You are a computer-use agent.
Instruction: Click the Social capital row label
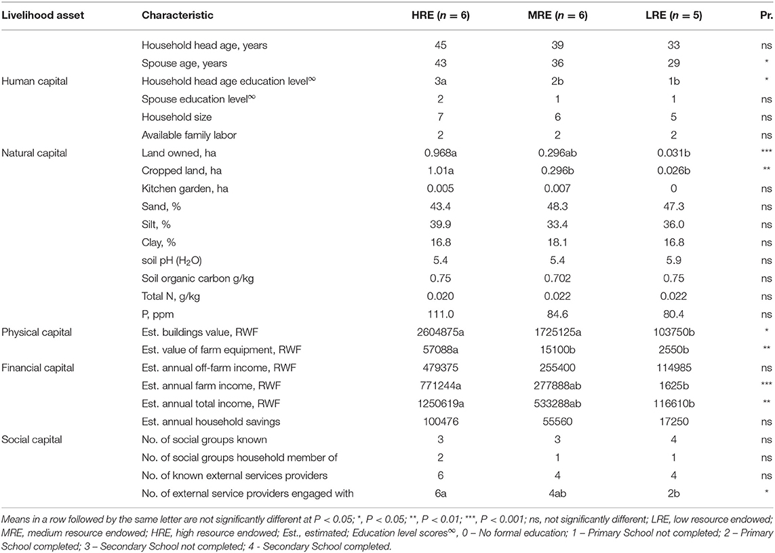[32, 440]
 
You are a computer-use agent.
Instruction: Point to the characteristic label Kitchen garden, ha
[185, 189]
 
